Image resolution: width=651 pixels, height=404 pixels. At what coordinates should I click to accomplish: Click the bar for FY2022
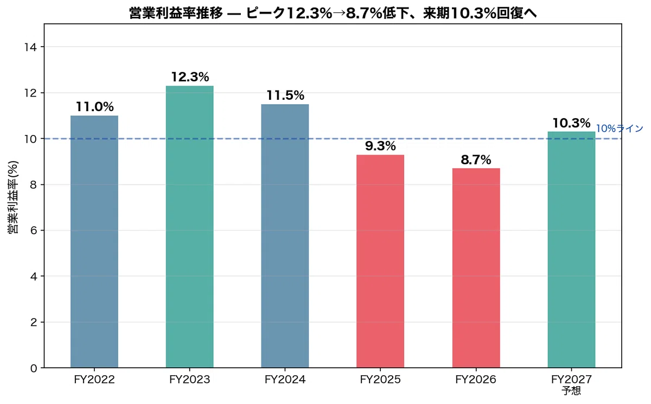94,242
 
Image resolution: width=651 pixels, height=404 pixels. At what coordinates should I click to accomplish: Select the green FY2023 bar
190,227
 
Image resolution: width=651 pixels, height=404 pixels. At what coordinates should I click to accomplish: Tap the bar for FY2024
285,236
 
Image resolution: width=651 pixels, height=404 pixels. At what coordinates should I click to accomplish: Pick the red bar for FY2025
380,261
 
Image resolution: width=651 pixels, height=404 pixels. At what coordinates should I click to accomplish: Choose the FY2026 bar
476,268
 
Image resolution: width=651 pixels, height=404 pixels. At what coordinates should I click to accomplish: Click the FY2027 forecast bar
571,249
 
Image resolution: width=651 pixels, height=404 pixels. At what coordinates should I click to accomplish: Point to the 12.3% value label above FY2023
190,77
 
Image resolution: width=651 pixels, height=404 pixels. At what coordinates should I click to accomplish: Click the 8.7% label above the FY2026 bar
476,160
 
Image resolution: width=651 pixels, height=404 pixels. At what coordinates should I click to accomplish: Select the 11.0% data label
95,107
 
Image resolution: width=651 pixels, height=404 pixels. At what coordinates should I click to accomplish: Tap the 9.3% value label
380,146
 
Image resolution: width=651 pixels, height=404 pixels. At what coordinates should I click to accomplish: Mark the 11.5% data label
285,95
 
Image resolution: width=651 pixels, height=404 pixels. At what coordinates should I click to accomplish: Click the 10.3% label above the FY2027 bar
571,123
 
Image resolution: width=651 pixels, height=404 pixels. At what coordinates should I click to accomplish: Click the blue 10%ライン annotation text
620,129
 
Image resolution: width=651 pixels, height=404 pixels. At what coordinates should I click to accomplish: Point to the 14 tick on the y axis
30,47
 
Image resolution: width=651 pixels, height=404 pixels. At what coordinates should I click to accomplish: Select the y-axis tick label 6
34,230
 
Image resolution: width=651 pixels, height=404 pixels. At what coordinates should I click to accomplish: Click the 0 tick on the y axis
34,368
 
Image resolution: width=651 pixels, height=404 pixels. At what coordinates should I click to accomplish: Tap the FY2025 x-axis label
380,379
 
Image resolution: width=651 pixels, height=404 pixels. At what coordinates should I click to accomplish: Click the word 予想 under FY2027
571,390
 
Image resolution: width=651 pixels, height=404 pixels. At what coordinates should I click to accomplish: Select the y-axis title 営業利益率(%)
13,197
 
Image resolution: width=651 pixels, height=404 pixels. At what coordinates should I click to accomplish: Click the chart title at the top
333,13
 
